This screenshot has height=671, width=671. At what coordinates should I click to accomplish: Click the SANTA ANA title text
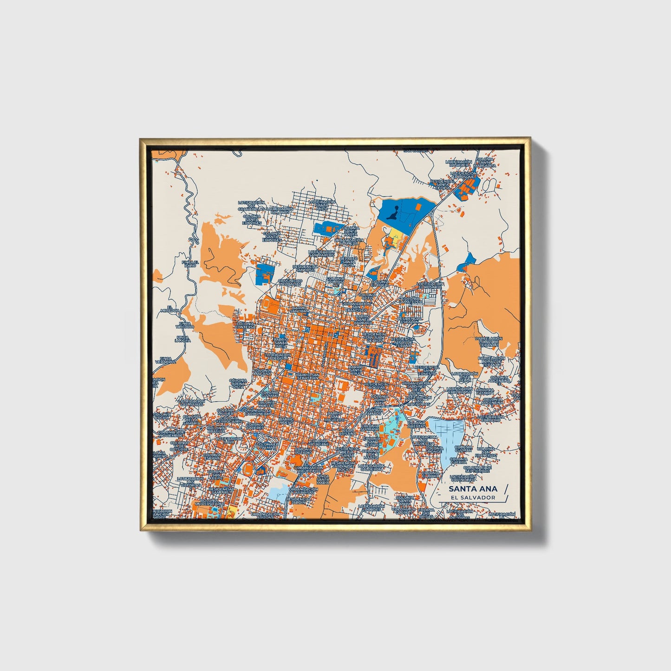[473, 489]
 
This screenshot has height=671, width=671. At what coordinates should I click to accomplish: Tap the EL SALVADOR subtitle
[473, 497]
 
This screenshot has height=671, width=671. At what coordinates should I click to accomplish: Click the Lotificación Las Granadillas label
[251, 206]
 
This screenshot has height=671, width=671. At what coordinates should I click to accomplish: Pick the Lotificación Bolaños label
[280, 211]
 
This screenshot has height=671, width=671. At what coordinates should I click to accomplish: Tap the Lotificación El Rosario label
[430, 285]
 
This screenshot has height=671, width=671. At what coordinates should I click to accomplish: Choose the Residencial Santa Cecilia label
[443, 183]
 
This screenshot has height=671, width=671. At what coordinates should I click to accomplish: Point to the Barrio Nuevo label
[287, 421]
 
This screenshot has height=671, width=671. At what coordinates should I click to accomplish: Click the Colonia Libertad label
[417, 425]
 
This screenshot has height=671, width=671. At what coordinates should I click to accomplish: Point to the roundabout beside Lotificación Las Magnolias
[401, 405]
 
